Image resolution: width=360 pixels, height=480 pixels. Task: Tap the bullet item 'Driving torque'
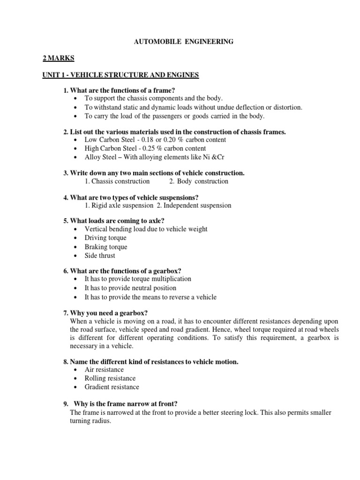point(105,238)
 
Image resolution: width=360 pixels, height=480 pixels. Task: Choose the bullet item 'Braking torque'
point(105,247)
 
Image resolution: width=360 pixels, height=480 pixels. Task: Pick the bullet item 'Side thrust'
point(99,256)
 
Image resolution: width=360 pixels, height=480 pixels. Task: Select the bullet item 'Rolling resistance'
point(110,378)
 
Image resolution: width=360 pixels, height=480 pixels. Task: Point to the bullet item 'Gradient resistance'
point(112,387)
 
